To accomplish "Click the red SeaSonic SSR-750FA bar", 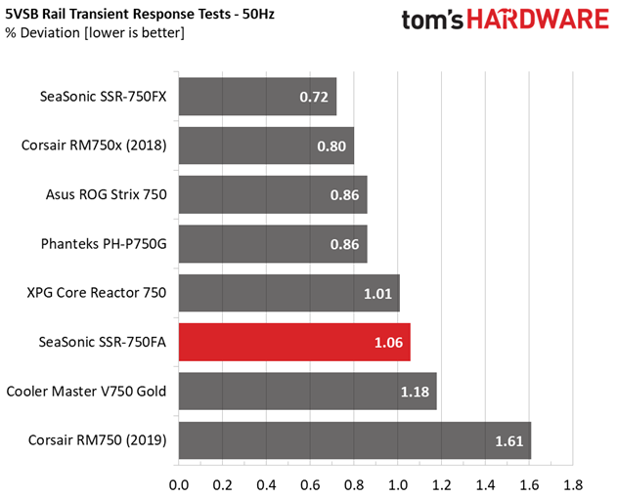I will tap(293, 342).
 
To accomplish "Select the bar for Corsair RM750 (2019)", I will tap(354, 440).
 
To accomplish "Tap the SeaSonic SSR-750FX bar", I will tap(256, 97).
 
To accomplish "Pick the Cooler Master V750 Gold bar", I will tap(307, 391).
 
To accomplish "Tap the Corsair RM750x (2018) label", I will tap(94, 145).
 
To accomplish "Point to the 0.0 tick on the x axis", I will tap(179, 482).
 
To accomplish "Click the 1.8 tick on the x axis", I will tap(573, 482).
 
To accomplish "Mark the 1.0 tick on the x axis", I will tap(398, 482).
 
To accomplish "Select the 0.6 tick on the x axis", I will tap(310, 482).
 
